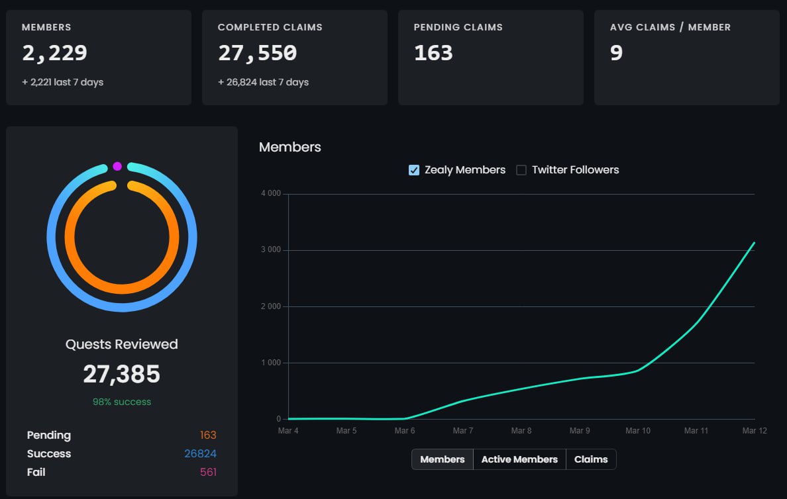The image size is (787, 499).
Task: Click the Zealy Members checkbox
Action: [414, 170]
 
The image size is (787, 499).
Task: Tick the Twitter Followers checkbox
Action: [521, 170]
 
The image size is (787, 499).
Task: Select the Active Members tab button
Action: [519, 459]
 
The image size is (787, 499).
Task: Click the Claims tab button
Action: [591, 459]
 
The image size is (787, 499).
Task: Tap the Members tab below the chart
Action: [443, 459]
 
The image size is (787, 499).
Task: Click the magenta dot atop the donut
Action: [117, 166]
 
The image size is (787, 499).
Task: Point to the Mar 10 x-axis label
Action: [638, 431]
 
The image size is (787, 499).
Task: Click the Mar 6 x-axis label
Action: [405, 431]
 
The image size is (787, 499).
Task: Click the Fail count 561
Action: [208, 473]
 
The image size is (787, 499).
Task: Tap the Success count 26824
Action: [200, 454]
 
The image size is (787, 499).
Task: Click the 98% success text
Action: [122, 402]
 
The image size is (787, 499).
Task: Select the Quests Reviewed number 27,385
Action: [122, 375]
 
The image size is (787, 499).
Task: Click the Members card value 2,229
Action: [54, 54]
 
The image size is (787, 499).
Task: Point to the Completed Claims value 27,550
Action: [257, 54]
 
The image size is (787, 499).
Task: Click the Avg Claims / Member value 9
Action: [616, 54]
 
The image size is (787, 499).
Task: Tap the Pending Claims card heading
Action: [458, 27]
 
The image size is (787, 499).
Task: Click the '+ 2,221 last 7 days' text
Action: [62, 83]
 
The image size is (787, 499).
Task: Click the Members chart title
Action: [289, 147]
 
